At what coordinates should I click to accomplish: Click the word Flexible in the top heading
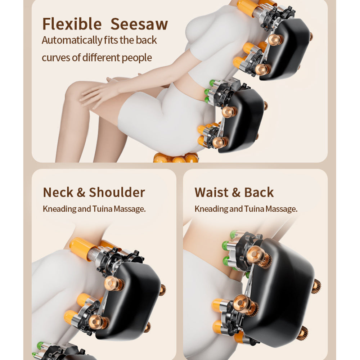pos(72,24)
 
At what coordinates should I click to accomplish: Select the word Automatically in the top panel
pos(72,40)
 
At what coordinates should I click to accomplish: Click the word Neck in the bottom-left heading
pos(58,192)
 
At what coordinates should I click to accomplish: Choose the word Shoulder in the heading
pos(117,192)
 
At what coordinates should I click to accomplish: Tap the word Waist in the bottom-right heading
pos(211,192)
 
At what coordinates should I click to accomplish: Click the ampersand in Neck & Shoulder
pos(81,192)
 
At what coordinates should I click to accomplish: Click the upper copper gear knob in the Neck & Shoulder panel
pos(112,284)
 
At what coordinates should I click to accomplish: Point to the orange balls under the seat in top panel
pos(176,158)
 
